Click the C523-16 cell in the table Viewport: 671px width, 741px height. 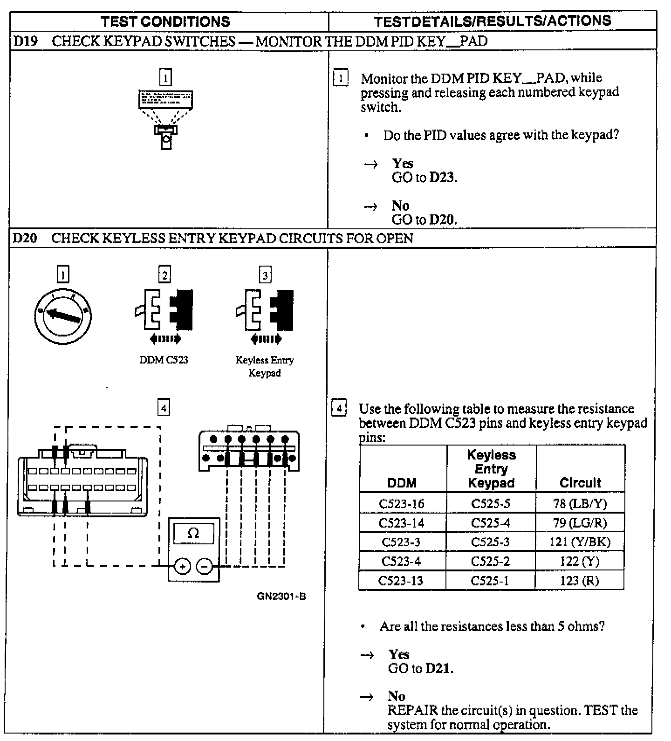[x=402, y=504]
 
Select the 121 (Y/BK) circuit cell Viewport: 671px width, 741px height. [x=580, y=542]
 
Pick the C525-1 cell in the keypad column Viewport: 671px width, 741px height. [x=490, y=581]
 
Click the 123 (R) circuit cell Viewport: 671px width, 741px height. [x=580, y=581]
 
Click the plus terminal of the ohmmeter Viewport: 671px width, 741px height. [x=182, y=567]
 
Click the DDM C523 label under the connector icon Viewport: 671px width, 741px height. [x=164, y=360]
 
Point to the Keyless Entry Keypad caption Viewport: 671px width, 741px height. [x=265, y=366]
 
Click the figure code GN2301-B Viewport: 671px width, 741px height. [x=281, y=597]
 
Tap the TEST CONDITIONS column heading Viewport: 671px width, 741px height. [x=165, y=21]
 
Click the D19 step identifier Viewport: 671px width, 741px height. [x=25, y=41]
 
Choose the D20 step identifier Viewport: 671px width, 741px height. [x=25, y=239]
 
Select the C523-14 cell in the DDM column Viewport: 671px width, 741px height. [x=402, y=523]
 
